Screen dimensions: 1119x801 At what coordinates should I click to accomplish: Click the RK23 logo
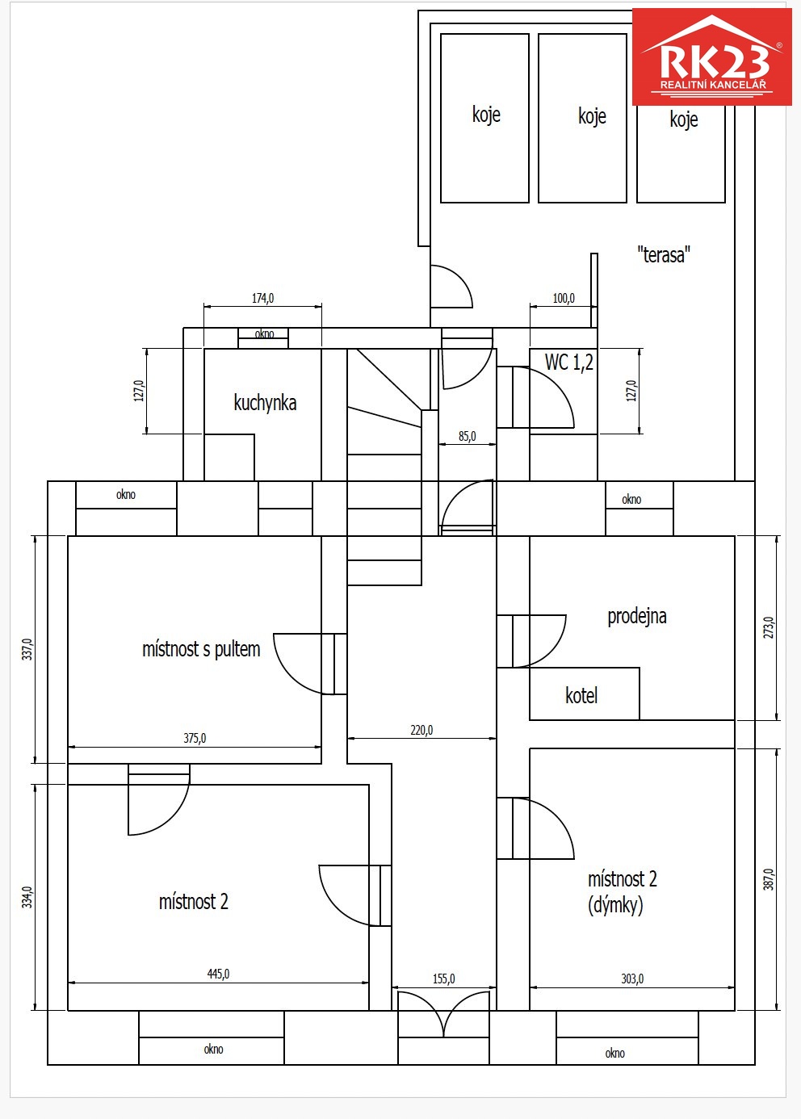tap(711, 57)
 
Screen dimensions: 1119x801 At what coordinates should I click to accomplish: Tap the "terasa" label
tap(663, 255)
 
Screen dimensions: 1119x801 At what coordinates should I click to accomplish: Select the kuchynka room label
tap(265, 403)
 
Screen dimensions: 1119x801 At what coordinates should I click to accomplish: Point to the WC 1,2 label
tap(569, 363)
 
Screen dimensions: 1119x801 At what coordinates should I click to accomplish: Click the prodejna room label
tap(637, 617)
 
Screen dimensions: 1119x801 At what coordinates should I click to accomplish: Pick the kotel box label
tap(581, 696)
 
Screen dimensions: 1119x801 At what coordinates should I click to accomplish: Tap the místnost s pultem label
tap(201, 649)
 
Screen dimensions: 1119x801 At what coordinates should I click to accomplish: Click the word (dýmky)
tap(615, 905)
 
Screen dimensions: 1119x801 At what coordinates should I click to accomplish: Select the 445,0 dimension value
tap(218, 974)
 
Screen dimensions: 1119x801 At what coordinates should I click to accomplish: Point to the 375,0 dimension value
tap(195, 738)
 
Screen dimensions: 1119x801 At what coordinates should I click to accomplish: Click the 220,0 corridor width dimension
tap(421, 730)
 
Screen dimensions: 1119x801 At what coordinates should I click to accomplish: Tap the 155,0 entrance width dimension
tap(443, 979)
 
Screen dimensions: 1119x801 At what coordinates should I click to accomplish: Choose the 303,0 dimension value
tap(632, 979)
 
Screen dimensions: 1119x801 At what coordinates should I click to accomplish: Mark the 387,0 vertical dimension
tap(769, 879)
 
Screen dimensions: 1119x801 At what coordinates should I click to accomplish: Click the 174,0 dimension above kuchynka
tap(262, 298)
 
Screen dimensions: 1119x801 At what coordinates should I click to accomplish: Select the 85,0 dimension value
tap(467, 436)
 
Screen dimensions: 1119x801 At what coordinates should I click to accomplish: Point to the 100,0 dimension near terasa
tap(564, 298)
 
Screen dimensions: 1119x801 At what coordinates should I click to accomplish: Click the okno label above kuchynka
tap(264, 334)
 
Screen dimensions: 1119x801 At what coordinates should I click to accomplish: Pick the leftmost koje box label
tap(486, 115)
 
